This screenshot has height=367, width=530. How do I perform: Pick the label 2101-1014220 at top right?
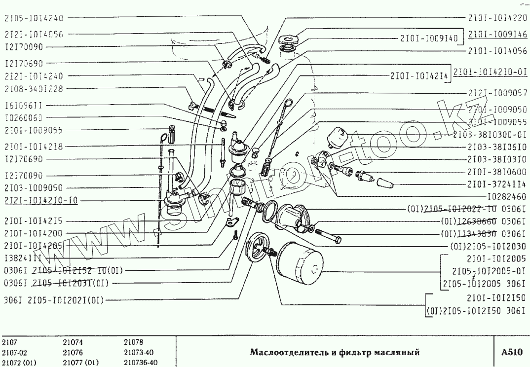coord(497,17)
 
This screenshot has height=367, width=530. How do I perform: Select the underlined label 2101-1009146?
coord(497,35)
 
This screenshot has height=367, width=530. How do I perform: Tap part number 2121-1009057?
coord(497,93)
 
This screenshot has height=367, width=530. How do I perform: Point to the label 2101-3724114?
coord(497,184)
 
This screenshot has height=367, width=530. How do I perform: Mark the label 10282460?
coord(507,196)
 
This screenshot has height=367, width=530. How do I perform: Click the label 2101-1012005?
coord(497,258)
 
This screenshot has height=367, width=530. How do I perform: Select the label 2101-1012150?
coord(497,298)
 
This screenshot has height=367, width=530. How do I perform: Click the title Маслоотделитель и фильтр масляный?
coord(335,352)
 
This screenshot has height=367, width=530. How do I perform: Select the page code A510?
coord(511,352)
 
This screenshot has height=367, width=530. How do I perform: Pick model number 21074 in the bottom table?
coord(73,342)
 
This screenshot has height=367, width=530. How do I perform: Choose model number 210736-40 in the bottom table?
coord(141,363)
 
